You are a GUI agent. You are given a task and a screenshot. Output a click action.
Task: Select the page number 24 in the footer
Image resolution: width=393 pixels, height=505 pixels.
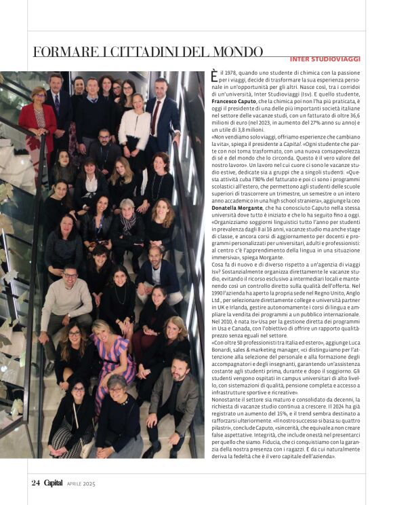(36, 483)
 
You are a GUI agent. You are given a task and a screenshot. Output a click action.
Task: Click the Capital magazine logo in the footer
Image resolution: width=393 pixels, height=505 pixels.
(54, 483)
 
